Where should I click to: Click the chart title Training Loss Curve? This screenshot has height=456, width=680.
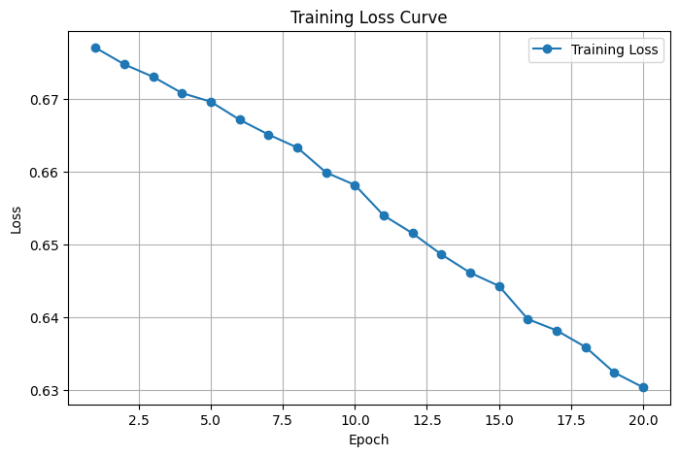pos(370,17)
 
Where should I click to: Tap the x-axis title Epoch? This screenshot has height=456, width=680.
pos(370,440)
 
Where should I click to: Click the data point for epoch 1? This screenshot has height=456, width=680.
pos(95,48)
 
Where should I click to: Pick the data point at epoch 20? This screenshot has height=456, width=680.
pos(643,387)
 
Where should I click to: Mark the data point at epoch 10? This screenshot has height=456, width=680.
pos(355,185)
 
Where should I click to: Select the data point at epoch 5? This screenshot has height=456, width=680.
pos(211,102)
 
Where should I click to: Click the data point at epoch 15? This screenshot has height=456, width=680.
pos(499,286)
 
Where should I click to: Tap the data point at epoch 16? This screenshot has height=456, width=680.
pos(527,319)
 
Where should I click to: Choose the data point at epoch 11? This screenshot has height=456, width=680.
pos(384,215)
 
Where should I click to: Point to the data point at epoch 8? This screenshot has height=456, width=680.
pos(297,147)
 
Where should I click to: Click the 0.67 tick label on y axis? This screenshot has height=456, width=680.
pos(46,100)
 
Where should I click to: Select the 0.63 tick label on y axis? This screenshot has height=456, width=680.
pos(46,391)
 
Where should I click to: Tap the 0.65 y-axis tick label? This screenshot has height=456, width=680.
pos(46,245)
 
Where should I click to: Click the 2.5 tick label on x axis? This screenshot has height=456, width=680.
pos(139,420)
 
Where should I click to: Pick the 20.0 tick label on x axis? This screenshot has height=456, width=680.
pos(643,420)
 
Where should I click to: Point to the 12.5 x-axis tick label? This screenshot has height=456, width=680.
pos(426,420)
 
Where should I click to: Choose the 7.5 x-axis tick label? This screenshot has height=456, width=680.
pos(283,420)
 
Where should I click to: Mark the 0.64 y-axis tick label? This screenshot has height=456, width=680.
pos(46,318)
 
